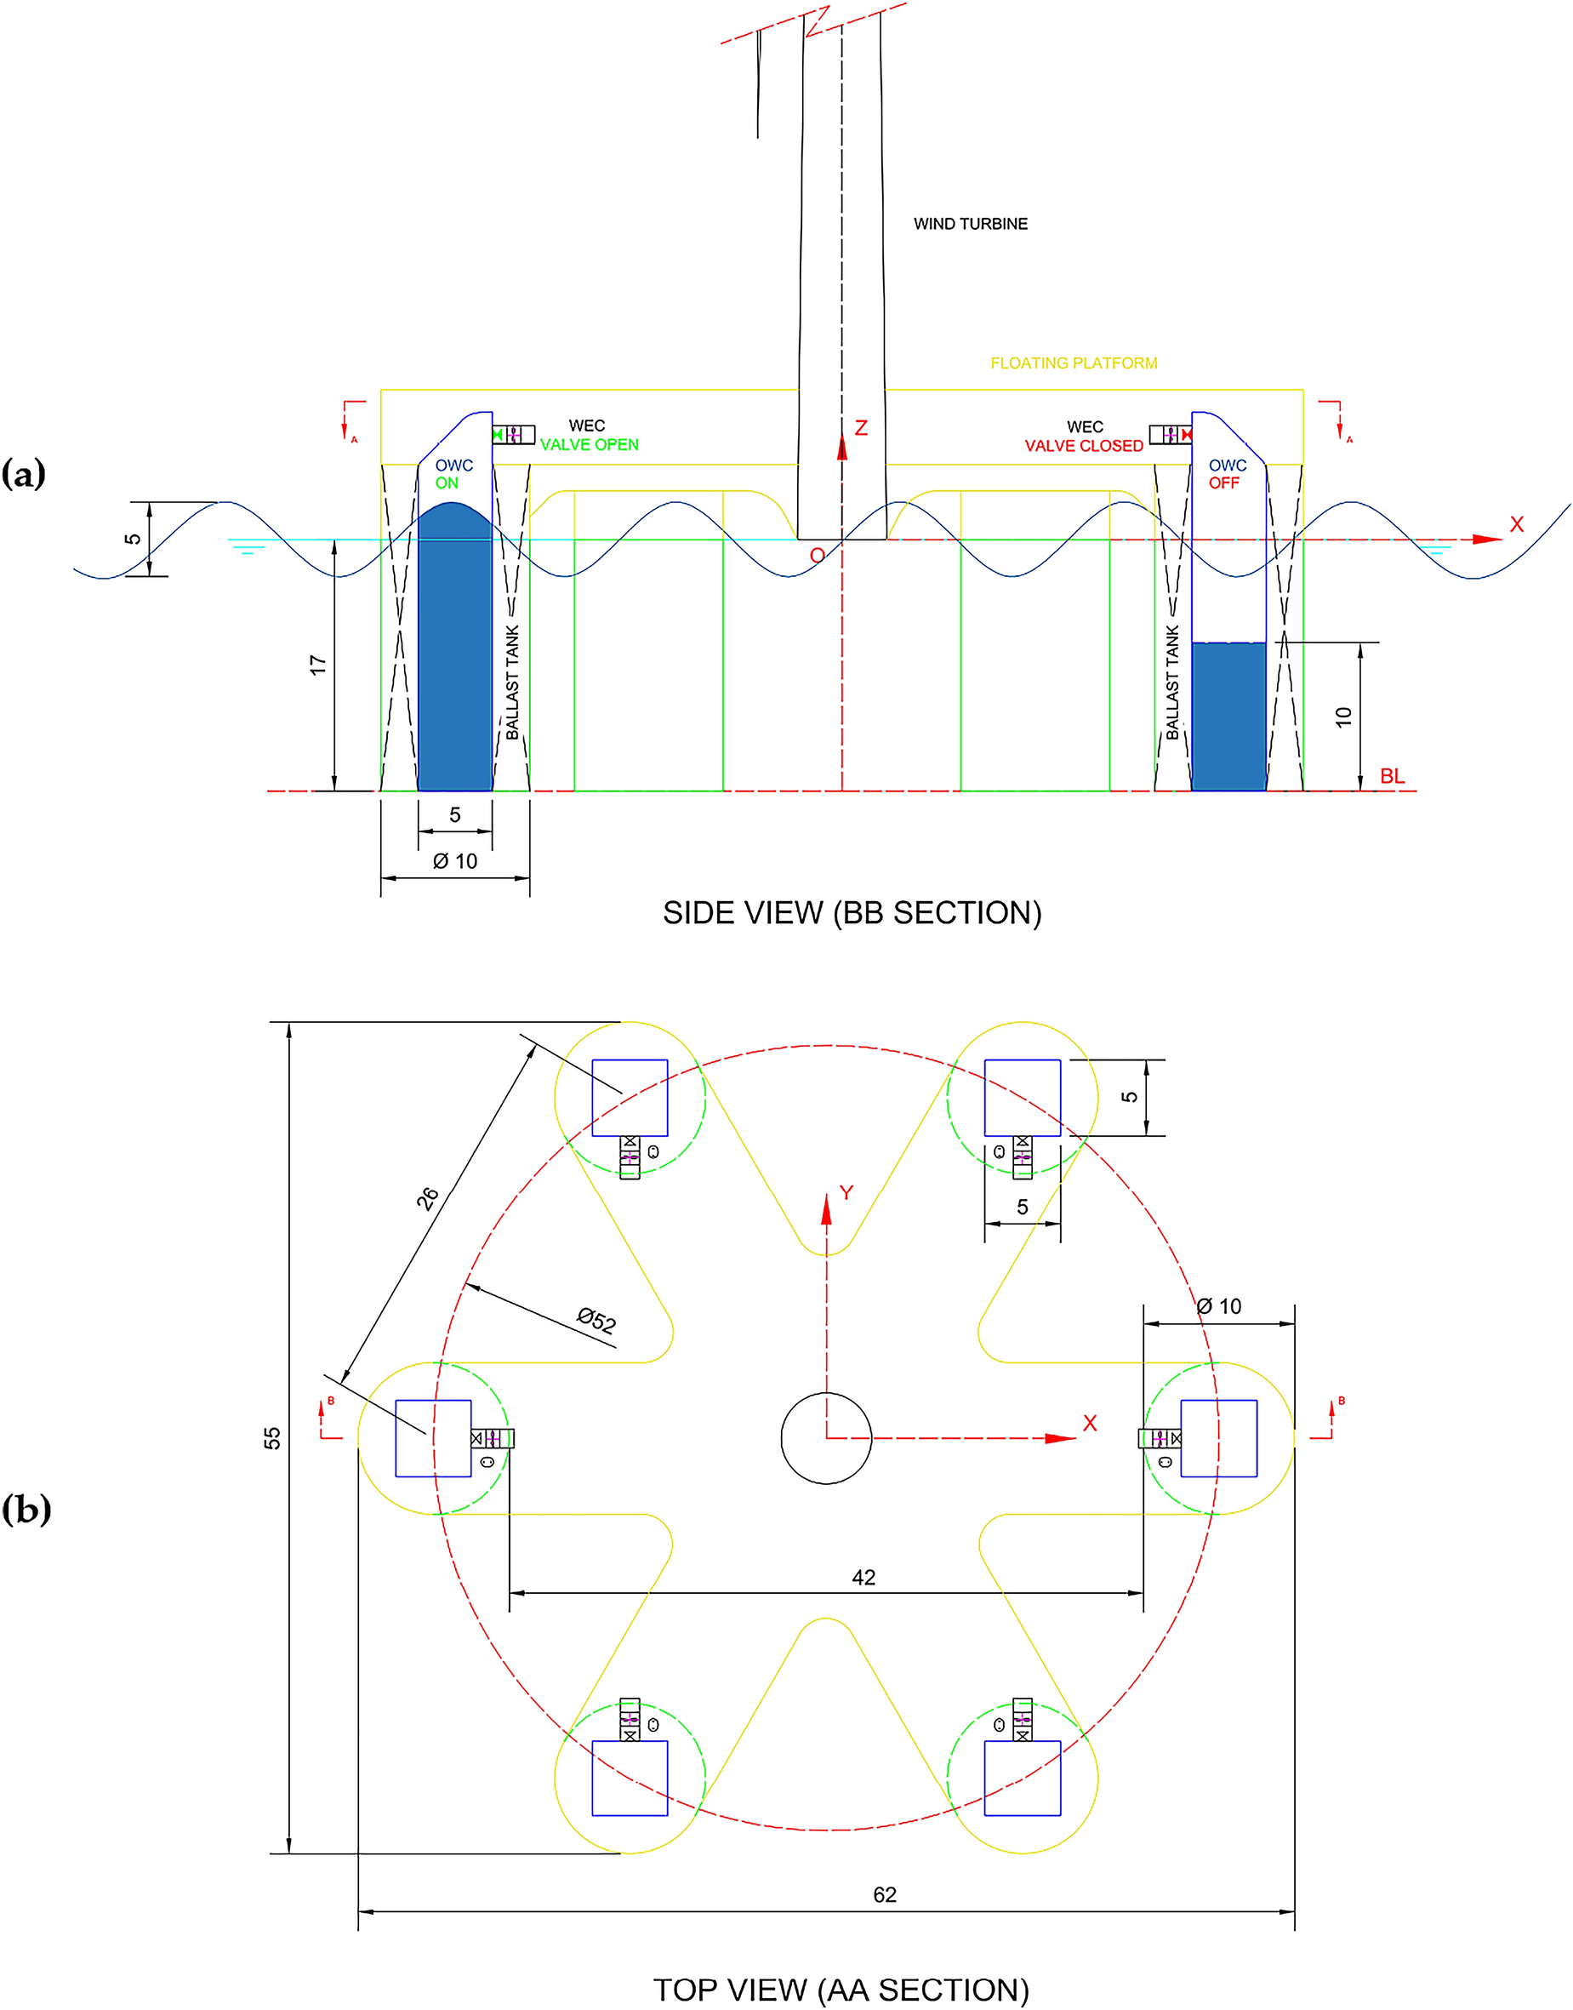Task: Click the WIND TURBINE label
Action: pyautogui.click(x=970, y=224)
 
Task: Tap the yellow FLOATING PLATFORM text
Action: pyautogui.click(x=1073, y=363)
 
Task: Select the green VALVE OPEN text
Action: pyautogui.click(x=589, y=445)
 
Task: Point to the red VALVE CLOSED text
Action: pyautogui.click(x=1083, y=446)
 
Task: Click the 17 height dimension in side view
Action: pyautogui.click(x=317, y=665)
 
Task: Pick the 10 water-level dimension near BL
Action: pyautogui.click(x=1342, y=717)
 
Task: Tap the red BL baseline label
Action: pyautogui.click(x=1392, y=777)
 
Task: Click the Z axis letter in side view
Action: pyautogui.click(x=860, y=428)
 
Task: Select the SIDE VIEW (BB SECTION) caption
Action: pyautogui.click(x=852, y=913)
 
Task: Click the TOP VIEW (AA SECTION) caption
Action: pyautogui.click(x=840, y=1990)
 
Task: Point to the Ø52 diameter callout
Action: pyautogui.click(x=596, y=1321)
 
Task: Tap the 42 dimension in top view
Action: pyautogui.click(x=863, y=1578)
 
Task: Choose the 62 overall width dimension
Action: pyautogui.click(x=884, y=1895)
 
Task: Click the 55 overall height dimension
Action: pyautogui.click(x=272, y=1438)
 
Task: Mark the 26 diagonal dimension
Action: pyautogui.click(x=427, y=1197)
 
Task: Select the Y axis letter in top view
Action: pyautogui.click(x=846, y=1193)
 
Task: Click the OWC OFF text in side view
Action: pyautogui.click(x=1227, y=474)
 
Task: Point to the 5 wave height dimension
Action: pyautogui.click(x=133, y=539)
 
